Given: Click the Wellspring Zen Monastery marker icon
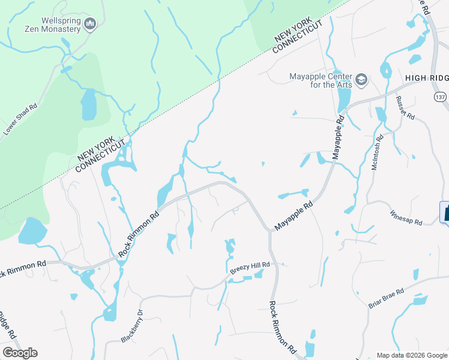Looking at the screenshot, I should pyautogui.click(x=91, y=24).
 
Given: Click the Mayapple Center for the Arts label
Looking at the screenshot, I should pyautogui.click(x=320, y=80).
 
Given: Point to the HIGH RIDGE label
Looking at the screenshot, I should pyautogui.click(x=427, y=78).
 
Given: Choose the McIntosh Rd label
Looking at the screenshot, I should pyautogui.click(x=377, y=155).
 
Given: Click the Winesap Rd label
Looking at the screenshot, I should pyautogui.click(x=406, y=217).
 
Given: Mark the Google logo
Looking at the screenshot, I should pyautogui.click(x=20, y=353).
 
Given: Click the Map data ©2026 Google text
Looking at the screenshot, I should pyautogui.click(x=412, y=355).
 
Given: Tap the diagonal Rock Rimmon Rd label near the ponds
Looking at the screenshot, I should pyautogui.click(x=139, y=234).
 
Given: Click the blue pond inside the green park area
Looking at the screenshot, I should pyautogui.click(x=88, y=104).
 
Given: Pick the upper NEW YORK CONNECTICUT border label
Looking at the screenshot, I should pyautogui.click(x=297, y=37).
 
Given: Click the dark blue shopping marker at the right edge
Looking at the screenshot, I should pyautogui.click(x=445, y=212).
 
